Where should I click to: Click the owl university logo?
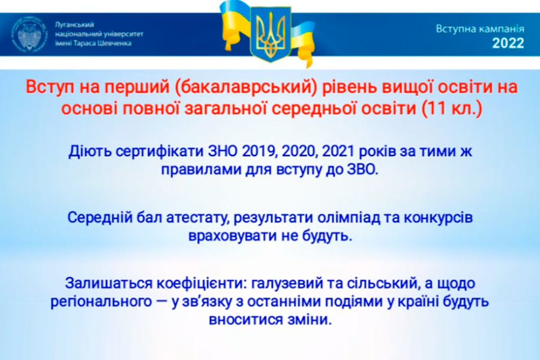coord(29,34)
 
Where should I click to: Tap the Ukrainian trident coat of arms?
coord(271,34)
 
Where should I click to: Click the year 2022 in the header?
coord(508,43)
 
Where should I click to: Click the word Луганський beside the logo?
coord(74,25)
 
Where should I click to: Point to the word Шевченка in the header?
coord(115,43)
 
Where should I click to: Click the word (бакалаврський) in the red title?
coord(245,88)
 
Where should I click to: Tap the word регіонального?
coord(101,302)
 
